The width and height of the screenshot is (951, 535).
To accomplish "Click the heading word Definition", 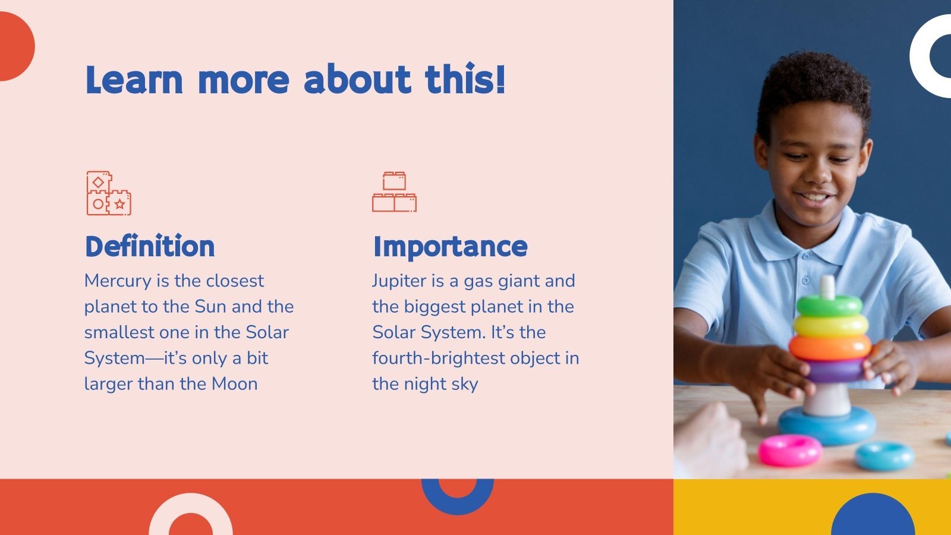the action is point(150,246).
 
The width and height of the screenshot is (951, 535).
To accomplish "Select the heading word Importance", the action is point(450,247).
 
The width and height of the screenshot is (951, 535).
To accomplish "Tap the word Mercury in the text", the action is point(118,281).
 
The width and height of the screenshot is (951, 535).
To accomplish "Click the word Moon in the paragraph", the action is point(235,384).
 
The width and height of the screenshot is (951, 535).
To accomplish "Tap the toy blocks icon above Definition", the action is point(109,193).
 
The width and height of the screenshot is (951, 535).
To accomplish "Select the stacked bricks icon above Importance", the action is point(395,191).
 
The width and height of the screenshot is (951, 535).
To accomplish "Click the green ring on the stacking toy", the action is point(829,306).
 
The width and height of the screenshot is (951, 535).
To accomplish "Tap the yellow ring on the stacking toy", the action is point(830,325).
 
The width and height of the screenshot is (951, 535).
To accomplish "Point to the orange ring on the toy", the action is point(830,347).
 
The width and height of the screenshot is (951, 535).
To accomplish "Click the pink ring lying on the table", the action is point(790,451).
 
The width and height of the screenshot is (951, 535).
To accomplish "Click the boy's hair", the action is point(813,89).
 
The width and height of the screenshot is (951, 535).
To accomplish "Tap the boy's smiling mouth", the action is point(814,197).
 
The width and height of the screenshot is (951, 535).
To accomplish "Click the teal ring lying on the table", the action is point(884,456).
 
